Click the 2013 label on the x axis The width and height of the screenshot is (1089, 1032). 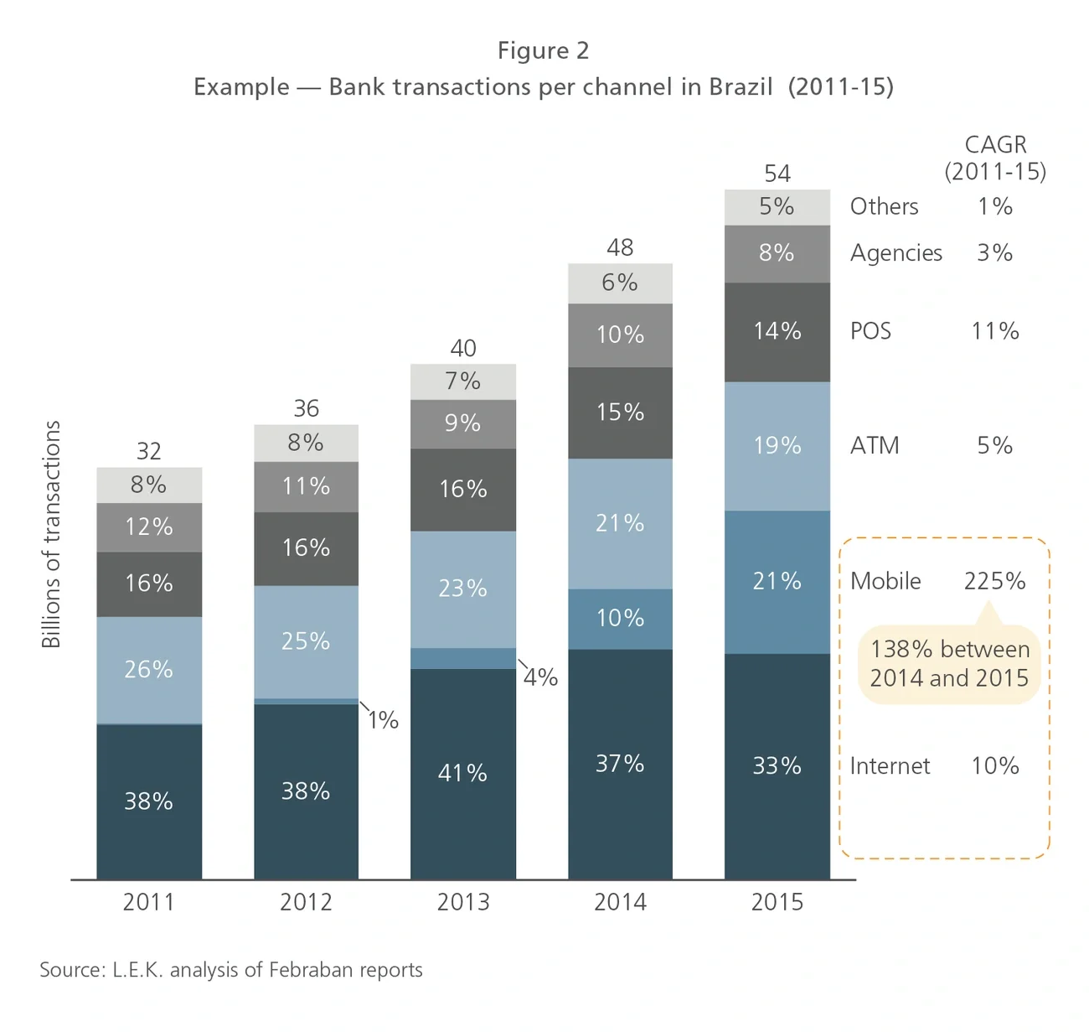click(463, 902)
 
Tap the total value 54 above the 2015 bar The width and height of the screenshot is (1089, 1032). click(777, 174)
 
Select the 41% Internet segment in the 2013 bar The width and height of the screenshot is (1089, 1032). click(463, 773)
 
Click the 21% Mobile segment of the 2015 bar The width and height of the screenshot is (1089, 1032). click(777, 581)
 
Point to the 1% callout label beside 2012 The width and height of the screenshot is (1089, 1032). click(383, 720)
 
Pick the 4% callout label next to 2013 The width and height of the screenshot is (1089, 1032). click(540, 677)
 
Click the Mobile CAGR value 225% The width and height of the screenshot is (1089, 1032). click(994, 581)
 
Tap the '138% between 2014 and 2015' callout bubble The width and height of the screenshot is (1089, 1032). click(949, 663)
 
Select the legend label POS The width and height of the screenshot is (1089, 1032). click(870, 331)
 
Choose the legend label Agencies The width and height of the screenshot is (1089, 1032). click(895, 253)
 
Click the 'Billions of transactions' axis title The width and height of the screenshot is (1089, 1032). click(51, 534)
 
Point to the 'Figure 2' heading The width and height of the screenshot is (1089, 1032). click(544, 51)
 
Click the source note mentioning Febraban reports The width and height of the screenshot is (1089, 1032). click(231, 970)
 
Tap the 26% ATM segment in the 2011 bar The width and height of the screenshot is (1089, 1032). click(149, 669)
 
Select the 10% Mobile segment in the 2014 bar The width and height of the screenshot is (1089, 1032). click(620, 619)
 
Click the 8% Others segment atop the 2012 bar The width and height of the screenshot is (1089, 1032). click(306, 443)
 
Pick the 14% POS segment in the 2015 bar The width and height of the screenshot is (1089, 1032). click(777, 331)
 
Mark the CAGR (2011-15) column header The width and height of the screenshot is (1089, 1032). click(995, 158)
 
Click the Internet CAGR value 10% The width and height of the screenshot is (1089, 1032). click(994, 765)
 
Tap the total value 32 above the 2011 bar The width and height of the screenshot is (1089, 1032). click(149, 451)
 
